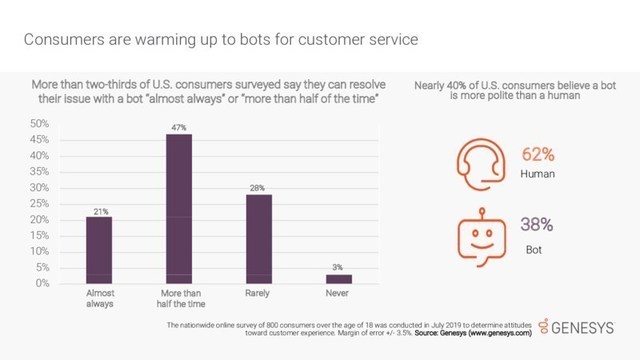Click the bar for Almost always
(98, 250)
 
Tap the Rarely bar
(258, 239)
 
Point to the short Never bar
(338, 279)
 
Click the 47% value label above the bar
(179, 126)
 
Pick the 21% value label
(98, 210)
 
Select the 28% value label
(258, 187)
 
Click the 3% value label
(338, 267)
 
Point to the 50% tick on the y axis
(40, 124)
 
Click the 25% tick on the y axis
(40, 204)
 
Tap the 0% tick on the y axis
(42, 284)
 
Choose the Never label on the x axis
(338, 295)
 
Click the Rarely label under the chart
(258, 295)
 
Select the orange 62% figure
(538, 155)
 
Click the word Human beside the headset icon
(538, 176)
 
